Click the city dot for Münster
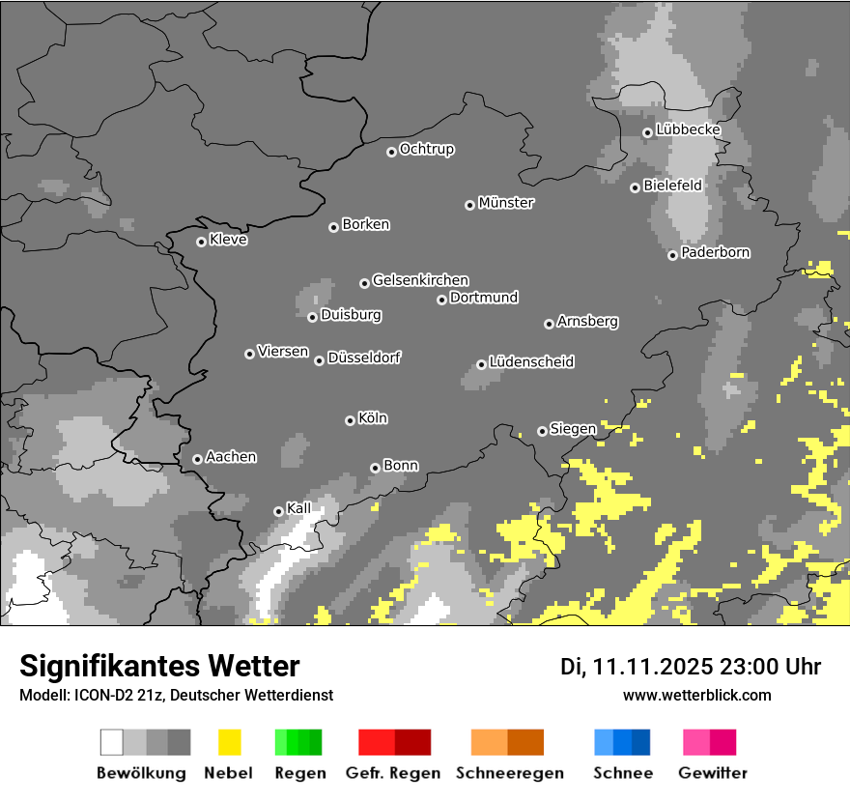pos(469,205)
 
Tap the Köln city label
pos(372,418)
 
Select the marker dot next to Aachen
pos(197,459)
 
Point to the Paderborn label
pos(715,252)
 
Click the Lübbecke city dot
pos(647,132)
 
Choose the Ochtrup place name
pos(426,149)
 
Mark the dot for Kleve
pos(201,242)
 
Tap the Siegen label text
pos(573,429)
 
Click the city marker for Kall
pos(278,511)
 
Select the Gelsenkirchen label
pos(420,280)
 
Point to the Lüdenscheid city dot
pos(481,364)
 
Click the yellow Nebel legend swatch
pos(229,742)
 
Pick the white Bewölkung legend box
pos(112,742)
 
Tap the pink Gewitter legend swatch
pos(696,742)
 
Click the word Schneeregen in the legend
pos(507,773)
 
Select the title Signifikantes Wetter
pos(159,666)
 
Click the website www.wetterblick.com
pos(697,695)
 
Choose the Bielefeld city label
pos(672,185)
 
